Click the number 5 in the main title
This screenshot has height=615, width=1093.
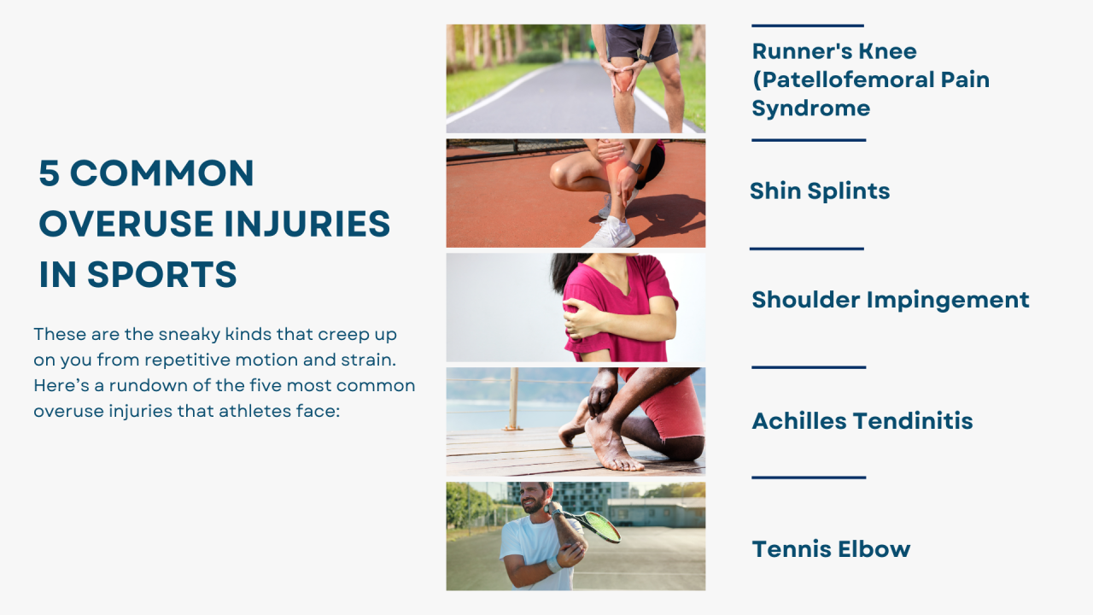tap(50, 173)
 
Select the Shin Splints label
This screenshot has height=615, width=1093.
tap(820, 191)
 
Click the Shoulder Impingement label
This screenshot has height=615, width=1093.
tap(890, 300)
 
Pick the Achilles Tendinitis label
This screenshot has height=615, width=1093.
tap(862, 421)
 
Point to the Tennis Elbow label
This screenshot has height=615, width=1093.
tap(831, 549)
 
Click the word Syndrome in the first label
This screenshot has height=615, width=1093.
tap(810, 108)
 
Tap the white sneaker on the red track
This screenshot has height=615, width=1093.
tap(614, 231)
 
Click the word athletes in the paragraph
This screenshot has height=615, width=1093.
tap(254, 411)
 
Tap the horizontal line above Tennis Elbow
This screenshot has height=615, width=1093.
tap(808, 477)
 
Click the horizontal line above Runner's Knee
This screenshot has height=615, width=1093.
tap(808, 26)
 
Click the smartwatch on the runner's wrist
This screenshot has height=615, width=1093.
tap(643, 57)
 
